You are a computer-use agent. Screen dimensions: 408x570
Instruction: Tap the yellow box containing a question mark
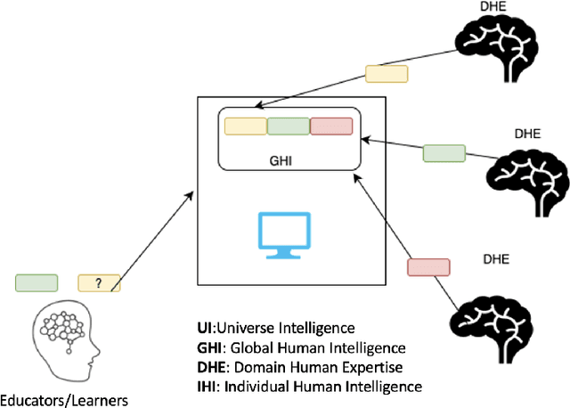click(99, 282)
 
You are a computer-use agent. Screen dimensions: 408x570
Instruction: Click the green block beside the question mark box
click(37, 282)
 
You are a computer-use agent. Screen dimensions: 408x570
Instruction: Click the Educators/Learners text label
click(64, 400)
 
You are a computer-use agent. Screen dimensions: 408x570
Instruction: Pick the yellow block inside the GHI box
click(245, 126)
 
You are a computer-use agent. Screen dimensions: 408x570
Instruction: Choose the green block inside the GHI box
click(288, 126)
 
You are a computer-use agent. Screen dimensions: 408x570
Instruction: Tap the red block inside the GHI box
click(331, 126)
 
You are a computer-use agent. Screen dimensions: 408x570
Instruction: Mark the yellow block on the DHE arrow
click(386, 74)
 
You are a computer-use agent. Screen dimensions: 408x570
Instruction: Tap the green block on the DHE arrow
click(444, 153)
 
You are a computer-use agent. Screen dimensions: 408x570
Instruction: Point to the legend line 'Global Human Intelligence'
click(301, 347)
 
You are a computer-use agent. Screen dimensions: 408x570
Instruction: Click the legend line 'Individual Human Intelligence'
click(308, 386)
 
